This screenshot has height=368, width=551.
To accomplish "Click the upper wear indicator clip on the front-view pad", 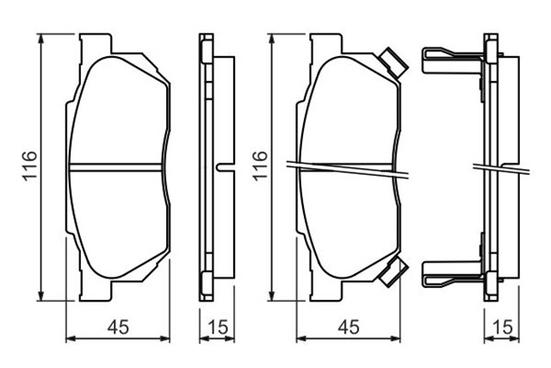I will point(393,62).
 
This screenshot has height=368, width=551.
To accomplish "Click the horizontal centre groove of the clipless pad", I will point(115,166).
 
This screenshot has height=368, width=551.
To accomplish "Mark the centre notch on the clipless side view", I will point(222,166).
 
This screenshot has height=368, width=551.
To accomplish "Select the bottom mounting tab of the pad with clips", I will point(325,291).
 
